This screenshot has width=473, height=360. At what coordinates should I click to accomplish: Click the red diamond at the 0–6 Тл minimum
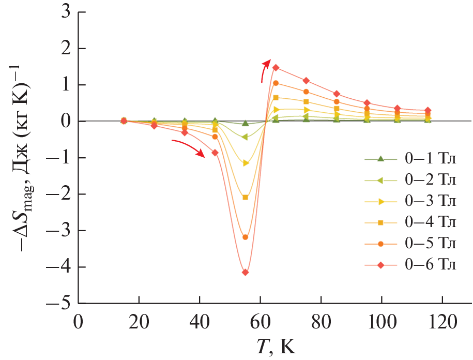(245, 272)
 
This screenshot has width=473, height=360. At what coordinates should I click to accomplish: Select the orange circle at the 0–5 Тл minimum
(245, 237)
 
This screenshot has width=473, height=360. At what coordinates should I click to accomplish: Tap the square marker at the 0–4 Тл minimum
(245, 197)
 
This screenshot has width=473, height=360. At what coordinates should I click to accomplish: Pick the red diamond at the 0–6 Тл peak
(276, 67)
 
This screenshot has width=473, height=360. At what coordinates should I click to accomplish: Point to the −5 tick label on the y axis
(58, 304)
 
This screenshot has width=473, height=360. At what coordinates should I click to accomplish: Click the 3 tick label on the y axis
(65, 12)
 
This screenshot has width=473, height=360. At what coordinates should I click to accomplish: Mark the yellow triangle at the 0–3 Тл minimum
(245, 163)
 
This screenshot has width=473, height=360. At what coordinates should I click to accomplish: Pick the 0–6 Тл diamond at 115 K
(428, 110)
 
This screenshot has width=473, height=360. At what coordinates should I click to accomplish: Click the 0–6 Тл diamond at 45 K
(215, 153)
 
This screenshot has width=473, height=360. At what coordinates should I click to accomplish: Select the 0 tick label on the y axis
(65, 122)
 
